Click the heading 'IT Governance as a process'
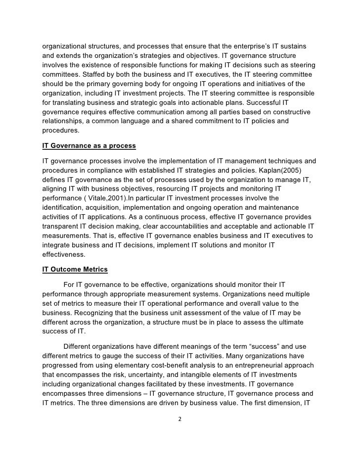pos(89,146)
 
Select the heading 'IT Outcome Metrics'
pos(75,269)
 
